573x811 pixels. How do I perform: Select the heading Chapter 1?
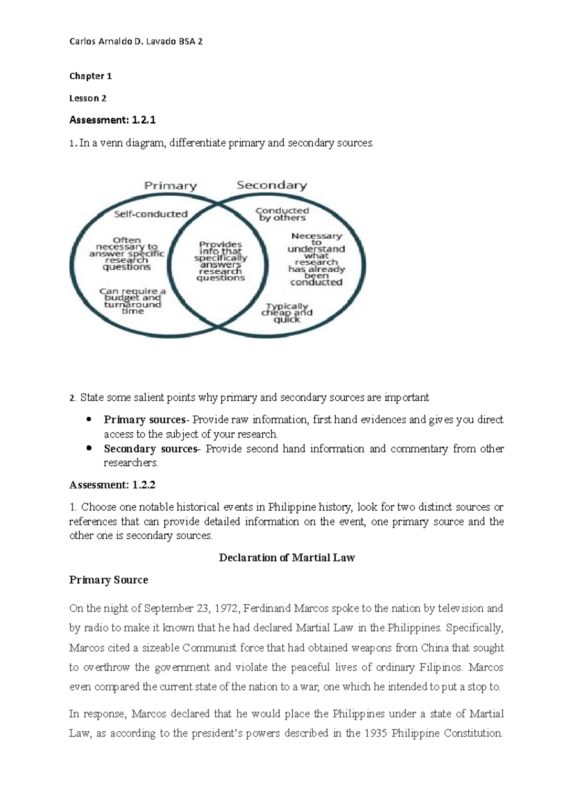click(x=90, y=76)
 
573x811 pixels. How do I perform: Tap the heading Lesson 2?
click(x=88, y=98)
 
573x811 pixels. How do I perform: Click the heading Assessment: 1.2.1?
click(x=112, y=120)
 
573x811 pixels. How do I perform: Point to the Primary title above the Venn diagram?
click(x=170, y=186)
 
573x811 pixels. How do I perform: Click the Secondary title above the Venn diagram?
click(x=272, y=185)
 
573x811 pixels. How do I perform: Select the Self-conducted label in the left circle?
click(x=150, y=214)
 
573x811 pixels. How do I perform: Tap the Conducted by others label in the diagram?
click(x=282, y=214)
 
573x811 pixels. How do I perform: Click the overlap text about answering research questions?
click(x=221, y=261)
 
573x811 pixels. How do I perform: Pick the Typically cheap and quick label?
click(x=287, y=313)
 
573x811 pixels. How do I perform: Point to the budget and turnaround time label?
click(x=132, y=301)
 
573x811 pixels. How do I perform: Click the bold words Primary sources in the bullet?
click(x=144, y=420)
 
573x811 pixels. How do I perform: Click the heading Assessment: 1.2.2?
click(x=112, y=485)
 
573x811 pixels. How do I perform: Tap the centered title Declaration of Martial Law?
click(x=286, y=558)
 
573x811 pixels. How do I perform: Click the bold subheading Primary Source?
click(x=108, y=580)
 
